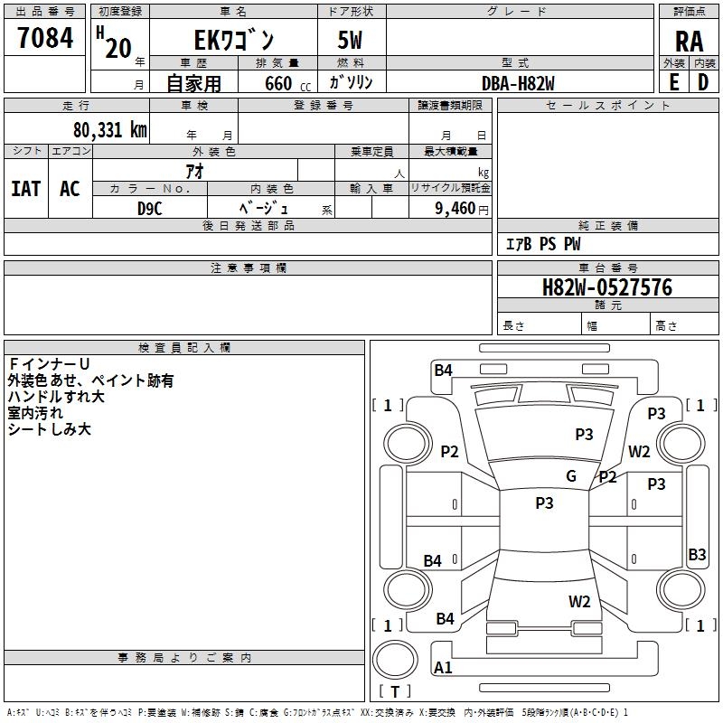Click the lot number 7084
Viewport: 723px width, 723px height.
pyautogui.click(x=45, y=40)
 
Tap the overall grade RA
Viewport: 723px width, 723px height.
pyautogui.click(x=689, y=42)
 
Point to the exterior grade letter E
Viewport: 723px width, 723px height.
pyautogui.click(x=673, y=81)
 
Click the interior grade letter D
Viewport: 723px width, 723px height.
pyautogui.click(x=703, y=81)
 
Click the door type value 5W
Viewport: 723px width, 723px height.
pyautogui.click(x=352, y=42)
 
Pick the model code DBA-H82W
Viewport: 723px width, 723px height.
pyautogui.click(x=518, y=83)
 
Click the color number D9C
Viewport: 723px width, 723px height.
pyautogui.click(x=149, y=207)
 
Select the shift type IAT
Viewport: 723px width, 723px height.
pyautogui.click(x=26, y=189)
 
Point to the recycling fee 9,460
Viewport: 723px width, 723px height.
pyautogui.click(x=454, y=208)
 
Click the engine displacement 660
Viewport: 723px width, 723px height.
pyautogui.click(x=279, y=83)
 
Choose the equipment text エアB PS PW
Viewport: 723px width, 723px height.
pyautogui.click(x=542, y=244)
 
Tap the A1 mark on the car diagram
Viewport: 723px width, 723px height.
pyautogui.click(x=444, y=668)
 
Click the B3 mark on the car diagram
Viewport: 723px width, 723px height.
pyautogui.click(x=697, y=555)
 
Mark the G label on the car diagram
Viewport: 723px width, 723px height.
pyautogui.click(x=571, y=476)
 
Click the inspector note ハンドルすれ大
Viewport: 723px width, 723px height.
pyautogui.click(x=56, y=397)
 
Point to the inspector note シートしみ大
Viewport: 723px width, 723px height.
pyautogui.click(x=50, y=429)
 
